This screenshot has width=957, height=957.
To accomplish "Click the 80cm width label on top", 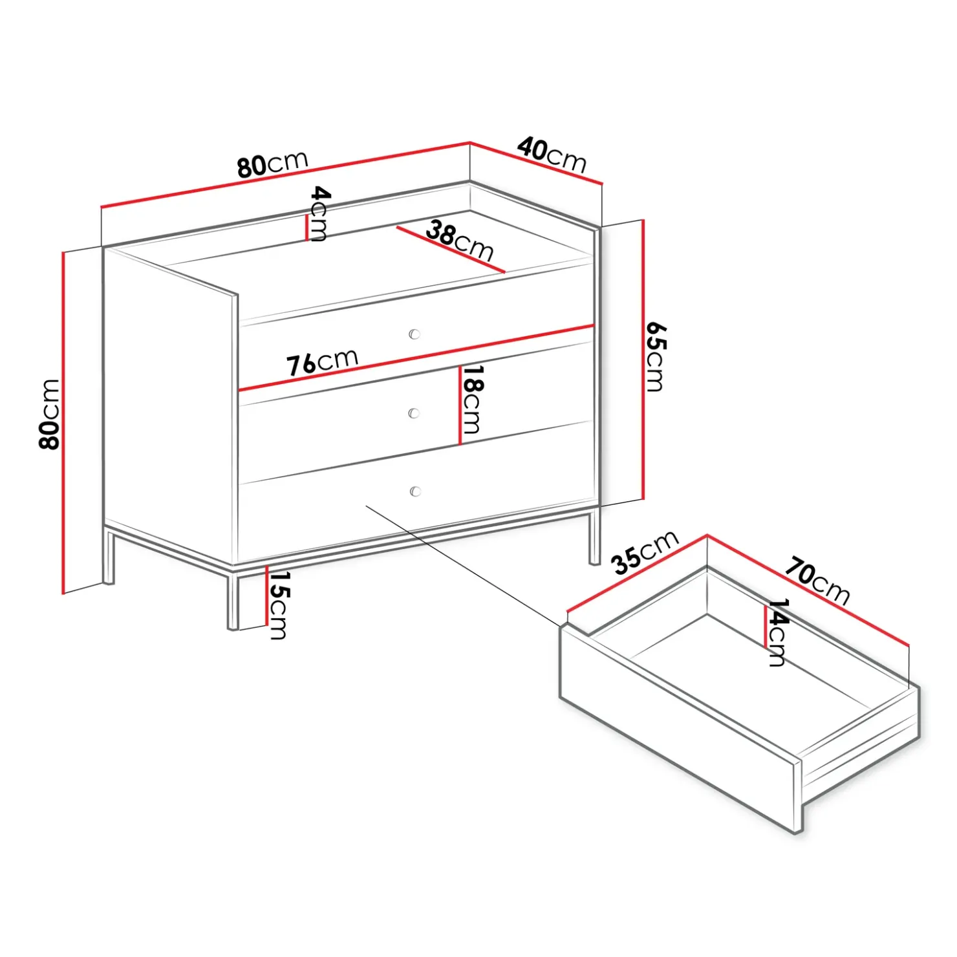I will click(x=272, y=164).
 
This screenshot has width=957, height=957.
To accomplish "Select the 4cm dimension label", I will click(x=319, y=213).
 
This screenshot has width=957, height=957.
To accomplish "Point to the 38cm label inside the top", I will click(x=460, y=241).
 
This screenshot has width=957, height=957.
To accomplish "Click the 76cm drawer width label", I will click(x=322, y=361).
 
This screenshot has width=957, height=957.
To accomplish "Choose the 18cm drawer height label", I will click(x=473, y=400).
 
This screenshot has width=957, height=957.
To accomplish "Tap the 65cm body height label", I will click(x=655, y=356).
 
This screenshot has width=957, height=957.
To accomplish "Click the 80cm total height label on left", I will click(x=50, y=414).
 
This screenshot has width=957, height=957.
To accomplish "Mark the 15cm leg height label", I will click(x=279, y=605).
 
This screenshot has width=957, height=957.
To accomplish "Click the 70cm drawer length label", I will click(x=817, y=581).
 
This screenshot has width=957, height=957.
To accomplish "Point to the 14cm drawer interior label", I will click(x=777, y=632).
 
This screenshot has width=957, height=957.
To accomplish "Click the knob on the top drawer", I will click(x=414, y=334).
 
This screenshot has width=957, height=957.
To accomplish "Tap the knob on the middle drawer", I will click(x=414, y=413).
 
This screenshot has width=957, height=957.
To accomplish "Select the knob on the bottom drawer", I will click(x=415, y=491).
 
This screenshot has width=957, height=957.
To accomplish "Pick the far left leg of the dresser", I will click(x=109, y=557).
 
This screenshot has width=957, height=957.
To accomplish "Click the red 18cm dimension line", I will click(x=460, y=405).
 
